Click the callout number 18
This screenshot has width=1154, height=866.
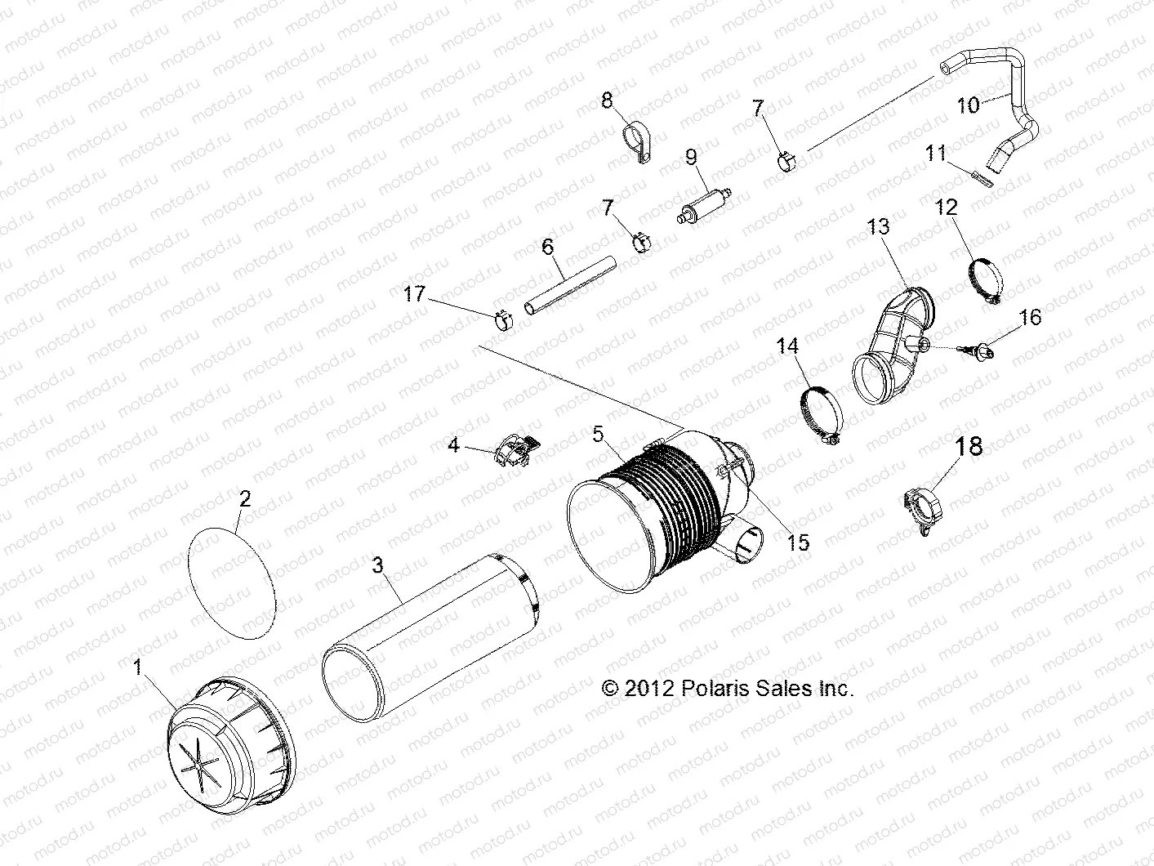[x=969, y=446]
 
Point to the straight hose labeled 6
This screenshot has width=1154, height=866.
[x=569, y=283]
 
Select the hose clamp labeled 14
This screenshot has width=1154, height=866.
[x=821, y=416]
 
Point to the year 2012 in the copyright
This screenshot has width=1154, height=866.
[x=648, y=688]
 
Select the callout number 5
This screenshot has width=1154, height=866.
[x=599, y=435]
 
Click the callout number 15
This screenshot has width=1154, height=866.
[x=799, y=542]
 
